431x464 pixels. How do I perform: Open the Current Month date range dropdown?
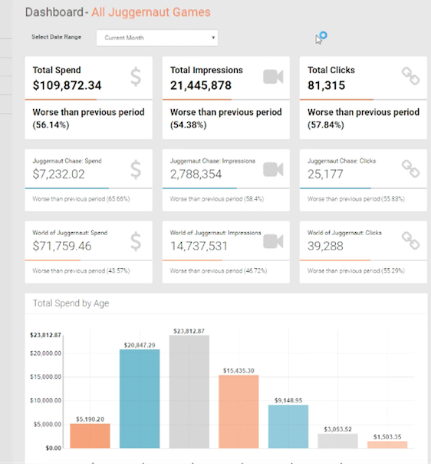pos(156,38)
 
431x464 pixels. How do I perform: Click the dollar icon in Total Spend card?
pos(135,77)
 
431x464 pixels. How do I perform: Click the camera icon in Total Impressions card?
pos(273,77)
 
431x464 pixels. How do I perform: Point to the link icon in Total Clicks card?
pos(411,77)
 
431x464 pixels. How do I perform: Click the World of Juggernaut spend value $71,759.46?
pos(67,247)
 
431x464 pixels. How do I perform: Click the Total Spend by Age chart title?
pos(71,303)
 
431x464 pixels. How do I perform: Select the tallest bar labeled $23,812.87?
pos(189,392)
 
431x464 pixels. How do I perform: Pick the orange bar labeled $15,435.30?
pos(239,411)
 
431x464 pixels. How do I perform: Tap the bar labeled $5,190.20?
pos(90,436)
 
